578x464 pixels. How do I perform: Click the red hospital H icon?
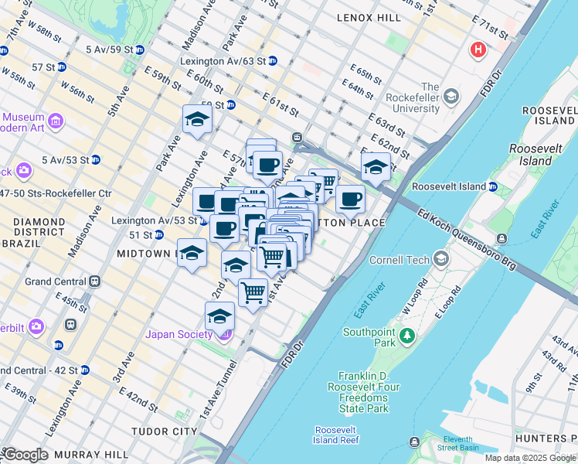click(478, 50)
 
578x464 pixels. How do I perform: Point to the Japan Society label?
click(179, 334)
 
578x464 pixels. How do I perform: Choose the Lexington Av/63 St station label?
click(223, 60)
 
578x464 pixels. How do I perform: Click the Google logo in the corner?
click(25, 454)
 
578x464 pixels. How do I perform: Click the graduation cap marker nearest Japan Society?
click(219, 316)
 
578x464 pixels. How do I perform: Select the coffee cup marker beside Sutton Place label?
click(350, 200)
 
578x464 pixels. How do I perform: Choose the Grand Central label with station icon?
click(56, 281)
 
